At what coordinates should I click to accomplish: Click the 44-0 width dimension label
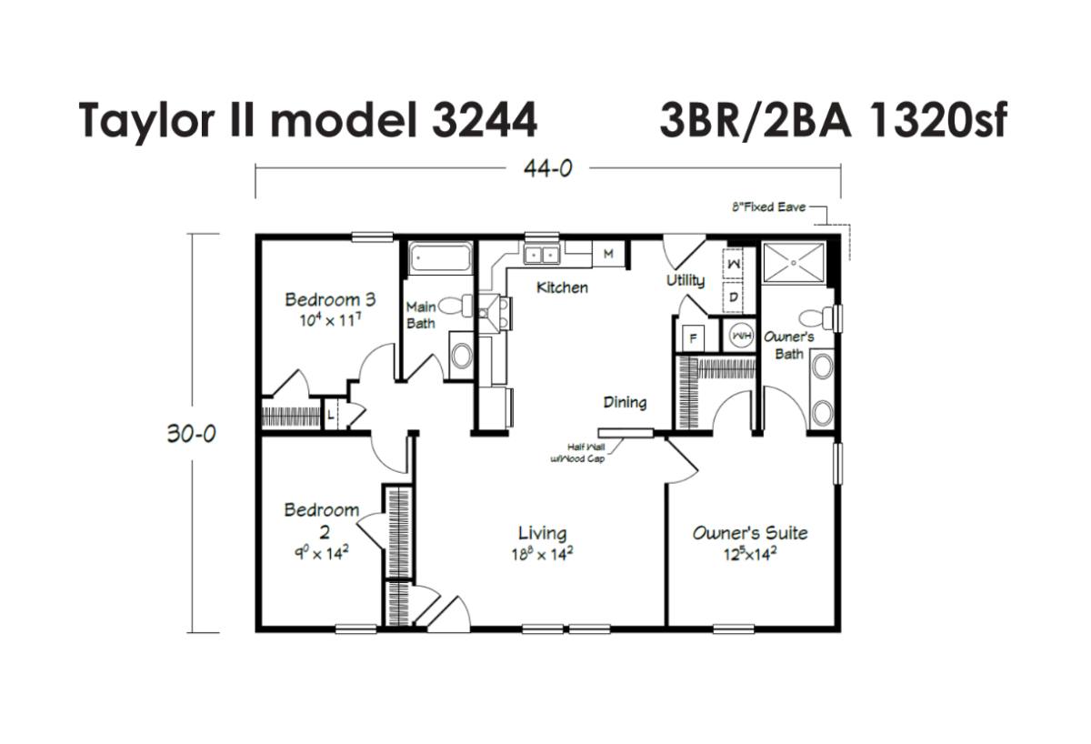548,168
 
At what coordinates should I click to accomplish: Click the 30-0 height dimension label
192,433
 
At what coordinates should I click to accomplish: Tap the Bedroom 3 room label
330,299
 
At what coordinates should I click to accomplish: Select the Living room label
542,533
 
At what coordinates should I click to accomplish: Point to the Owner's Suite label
750,533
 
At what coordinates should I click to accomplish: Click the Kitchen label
562,287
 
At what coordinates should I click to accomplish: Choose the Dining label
625,402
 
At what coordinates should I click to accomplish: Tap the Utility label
686,280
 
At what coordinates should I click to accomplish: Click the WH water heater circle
741,336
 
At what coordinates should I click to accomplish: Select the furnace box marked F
694,337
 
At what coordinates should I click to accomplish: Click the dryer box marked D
733,297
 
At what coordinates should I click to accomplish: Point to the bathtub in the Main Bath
440,258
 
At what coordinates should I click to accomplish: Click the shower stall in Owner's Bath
794,262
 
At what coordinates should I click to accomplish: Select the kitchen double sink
542,255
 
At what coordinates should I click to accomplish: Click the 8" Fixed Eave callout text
768,207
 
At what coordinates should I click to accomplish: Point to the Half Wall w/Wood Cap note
578,453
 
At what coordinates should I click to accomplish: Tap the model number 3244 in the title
484,120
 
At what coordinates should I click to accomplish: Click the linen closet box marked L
331,415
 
